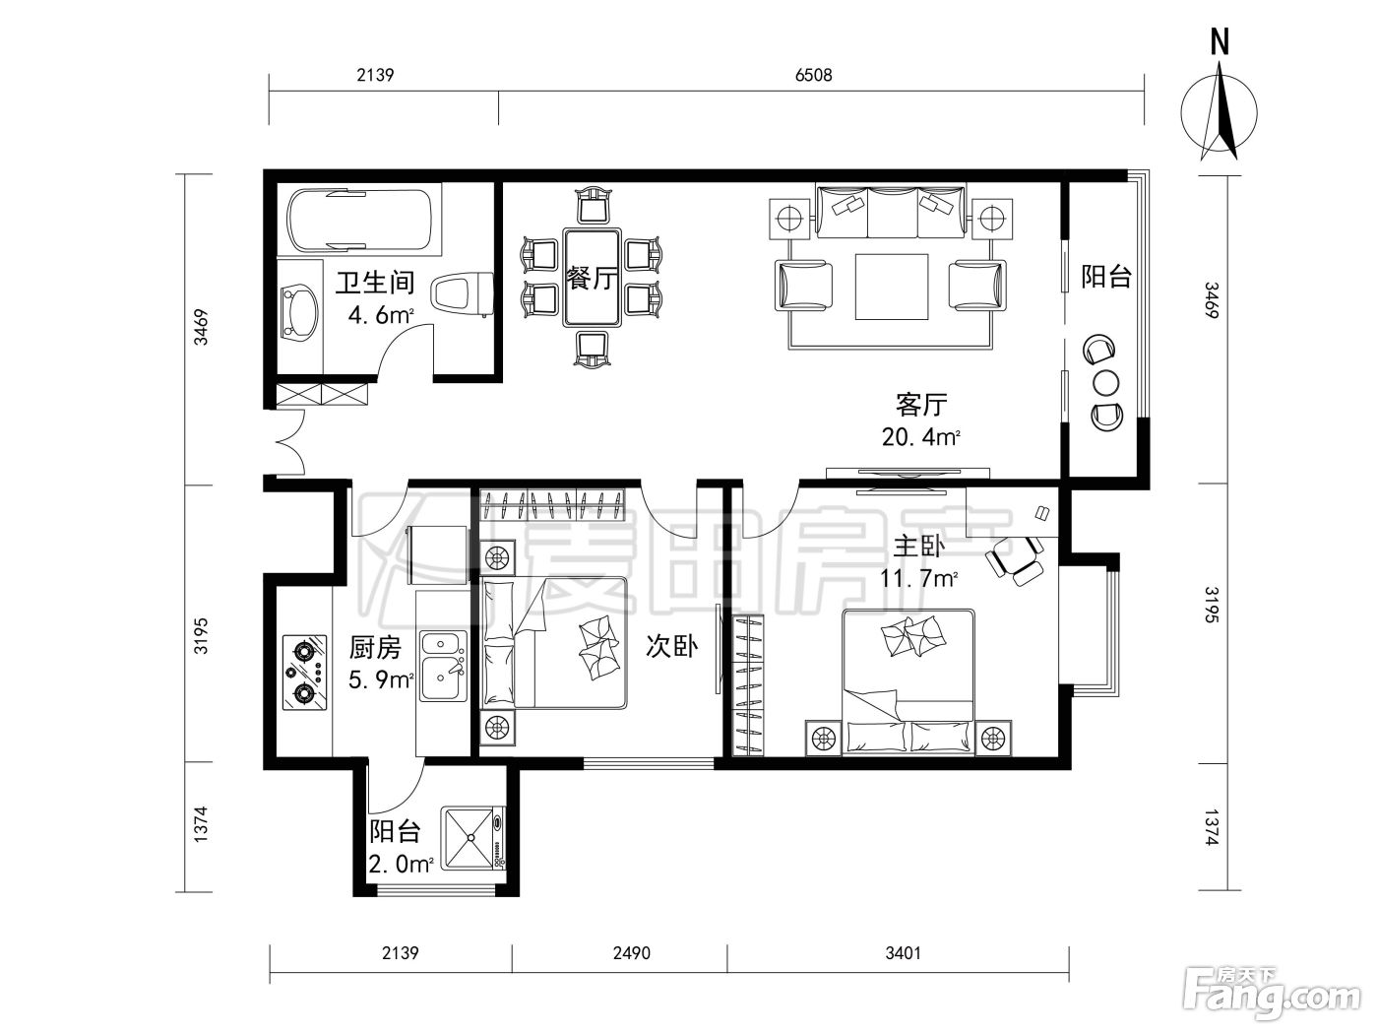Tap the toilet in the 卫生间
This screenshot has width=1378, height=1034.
(x=462, y=293)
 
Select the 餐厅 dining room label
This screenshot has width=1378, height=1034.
(x=592, y=278)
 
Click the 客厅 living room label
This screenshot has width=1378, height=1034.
(x=920, y=405)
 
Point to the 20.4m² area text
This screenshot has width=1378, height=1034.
(x=920, y=437)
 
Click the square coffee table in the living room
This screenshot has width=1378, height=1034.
(x=892, y=287)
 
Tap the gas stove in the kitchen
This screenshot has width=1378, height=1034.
(x=304, y=673)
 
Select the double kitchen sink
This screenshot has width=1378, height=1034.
(x=443, y=666)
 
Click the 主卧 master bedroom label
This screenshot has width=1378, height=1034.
(x=918, y=547)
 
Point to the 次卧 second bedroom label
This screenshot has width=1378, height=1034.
(x=671, y=646)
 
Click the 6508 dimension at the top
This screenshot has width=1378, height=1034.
(x=813, y=76)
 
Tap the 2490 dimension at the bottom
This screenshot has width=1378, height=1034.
(x=632, y=953)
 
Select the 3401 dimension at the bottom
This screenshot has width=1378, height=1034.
(x=903, y=953)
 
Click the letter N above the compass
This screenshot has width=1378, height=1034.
(x=1220, y=42)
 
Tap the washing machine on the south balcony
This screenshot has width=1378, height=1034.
(x=473, y=838)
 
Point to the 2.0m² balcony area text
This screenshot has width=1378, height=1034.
(x=401, y=865)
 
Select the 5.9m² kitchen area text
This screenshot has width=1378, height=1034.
(x=381, y=679)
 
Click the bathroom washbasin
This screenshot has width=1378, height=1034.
(x=299, y=312)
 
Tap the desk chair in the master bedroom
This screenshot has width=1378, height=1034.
(x=1013, y=558)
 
